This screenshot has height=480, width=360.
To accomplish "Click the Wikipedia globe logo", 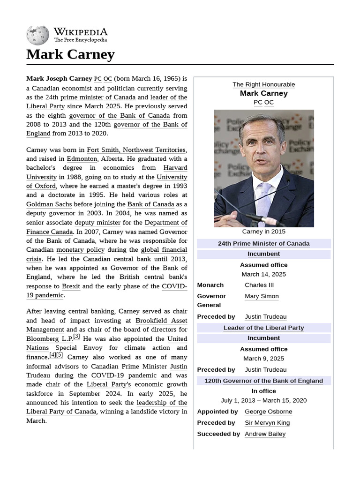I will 37,35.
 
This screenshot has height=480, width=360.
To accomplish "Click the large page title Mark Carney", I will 70,54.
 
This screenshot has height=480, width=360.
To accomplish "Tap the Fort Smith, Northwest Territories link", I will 136,150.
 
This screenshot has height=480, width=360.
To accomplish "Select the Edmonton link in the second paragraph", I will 82,159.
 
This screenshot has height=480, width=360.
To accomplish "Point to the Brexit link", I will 71,286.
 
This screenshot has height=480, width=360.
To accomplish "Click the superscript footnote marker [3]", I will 76,336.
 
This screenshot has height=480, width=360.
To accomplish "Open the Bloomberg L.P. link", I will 48,339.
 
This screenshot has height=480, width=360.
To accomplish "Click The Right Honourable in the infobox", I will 263,84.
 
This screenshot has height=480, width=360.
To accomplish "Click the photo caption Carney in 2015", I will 263,232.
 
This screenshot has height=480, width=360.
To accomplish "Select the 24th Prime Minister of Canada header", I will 263,244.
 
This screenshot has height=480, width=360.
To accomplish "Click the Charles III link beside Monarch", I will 259,285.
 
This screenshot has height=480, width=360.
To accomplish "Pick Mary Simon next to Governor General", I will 262,296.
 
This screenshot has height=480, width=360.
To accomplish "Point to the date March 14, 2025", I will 263,274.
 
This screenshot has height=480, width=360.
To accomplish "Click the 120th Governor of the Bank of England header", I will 263,381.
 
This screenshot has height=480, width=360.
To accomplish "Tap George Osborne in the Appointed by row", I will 268,412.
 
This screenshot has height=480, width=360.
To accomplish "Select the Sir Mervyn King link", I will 267,423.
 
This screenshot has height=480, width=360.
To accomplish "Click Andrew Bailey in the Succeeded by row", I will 265,434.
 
